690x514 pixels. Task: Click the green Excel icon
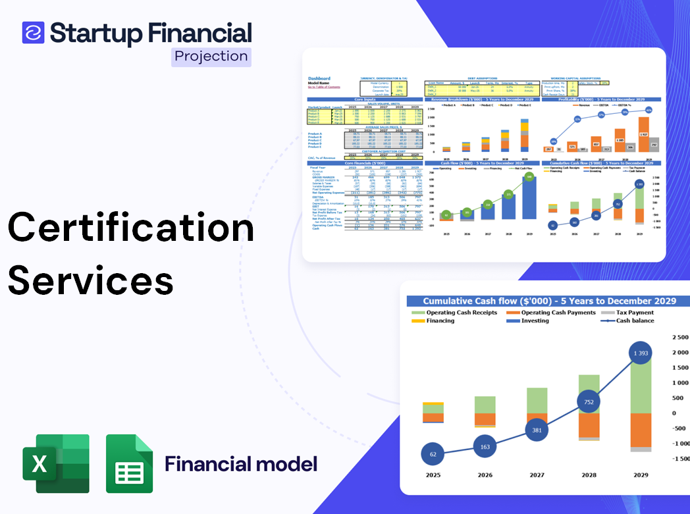point(56,463)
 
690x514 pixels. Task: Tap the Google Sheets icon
point(129,463)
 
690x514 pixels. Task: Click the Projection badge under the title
point(211,56)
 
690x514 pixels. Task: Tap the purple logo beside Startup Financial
point(33,32)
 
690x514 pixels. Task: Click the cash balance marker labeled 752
point(589,402)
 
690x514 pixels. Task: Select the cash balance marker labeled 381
point(537,430)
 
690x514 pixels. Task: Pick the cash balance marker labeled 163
point(485,446)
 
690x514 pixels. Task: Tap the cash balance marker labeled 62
point(433,453)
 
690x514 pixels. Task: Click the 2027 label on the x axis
point(537,475)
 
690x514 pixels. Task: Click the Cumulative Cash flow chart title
point(549,301)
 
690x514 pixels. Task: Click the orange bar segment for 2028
point(589,424)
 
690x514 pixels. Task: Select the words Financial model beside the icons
point(240,464)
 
